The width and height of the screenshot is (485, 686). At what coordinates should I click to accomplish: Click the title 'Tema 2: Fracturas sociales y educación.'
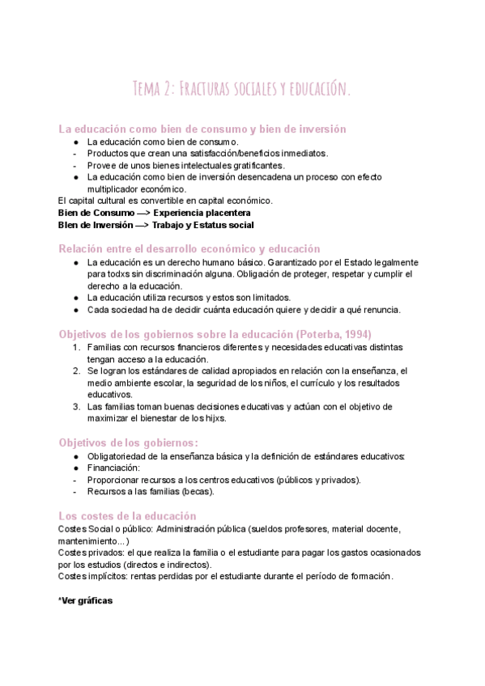[242, 88]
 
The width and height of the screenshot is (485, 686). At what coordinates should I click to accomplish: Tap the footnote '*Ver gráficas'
[86, 601]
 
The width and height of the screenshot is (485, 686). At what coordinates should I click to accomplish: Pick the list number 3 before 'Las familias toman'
[76, 406]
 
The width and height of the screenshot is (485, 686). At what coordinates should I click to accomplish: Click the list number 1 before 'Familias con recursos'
[76, 347]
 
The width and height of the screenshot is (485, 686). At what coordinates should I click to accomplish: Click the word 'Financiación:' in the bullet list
[113, 468]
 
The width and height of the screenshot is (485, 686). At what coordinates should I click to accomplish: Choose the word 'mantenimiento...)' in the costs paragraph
[95, 540]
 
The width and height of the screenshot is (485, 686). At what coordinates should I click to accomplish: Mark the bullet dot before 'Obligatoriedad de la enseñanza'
[75, 456]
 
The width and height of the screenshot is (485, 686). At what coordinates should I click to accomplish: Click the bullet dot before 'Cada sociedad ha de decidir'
[75, 310]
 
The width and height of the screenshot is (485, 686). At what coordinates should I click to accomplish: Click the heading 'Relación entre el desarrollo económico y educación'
[189, 248]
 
